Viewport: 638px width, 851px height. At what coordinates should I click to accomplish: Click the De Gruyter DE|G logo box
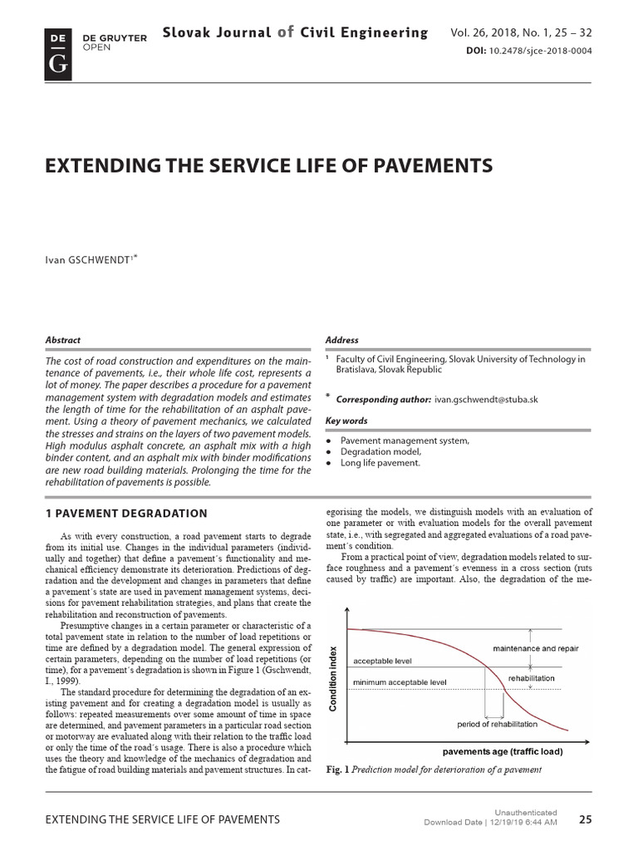58,52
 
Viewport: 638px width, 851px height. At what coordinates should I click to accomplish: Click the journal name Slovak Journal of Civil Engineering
296,33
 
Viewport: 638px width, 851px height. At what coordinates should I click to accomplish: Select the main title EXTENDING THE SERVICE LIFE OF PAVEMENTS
268,166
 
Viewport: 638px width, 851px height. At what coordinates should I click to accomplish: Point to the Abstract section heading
63,340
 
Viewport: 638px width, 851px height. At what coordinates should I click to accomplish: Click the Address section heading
342,340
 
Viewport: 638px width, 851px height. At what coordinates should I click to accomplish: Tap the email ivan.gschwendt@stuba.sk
487,399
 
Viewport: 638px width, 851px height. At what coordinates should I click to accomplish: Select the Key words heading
347,421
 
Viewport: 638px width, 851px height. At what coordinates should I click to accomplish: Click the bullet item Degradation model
381,451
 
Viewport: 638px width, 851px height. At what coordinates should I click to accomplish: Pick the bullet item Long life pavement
380,463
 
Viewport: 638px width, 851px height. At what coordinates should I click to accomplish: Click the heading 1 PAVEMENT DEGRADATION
125,514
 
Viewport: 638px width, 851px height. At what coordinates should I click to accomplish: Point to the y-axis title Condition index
334,678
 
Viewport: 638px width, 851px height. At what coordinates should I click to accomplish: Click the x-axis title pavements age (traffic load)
501,751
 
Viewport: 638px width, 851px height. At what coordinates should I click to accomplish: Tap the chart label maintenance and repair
536,648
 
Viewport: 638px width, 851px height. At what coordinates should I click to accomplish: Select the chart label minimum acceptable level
400,682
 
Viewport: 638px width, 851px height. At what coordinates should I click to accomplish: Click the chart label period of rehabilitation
497,724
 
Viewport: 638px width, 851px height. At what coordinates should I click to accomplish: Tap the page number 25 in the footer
585,819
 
